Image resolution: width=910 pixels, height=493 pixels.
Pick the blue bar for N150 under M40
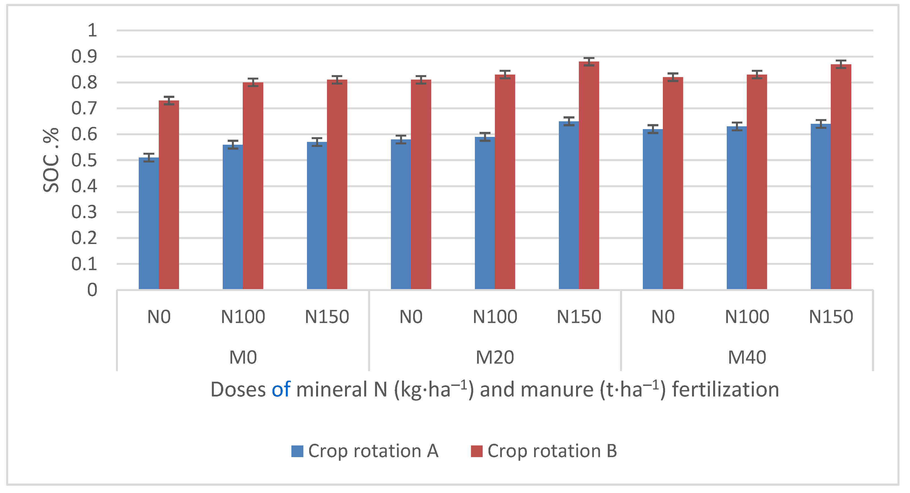821,207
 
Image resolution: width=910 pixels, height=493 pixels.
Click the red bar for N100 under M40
757,182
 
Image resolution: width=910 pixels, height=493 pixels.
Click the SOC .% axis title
51,160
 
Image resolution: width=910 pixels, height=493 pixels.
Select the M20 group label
495,357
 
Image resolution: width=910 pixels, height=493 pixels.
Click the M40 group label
747,357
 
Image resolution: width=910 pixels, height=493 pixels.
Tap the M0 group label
243,357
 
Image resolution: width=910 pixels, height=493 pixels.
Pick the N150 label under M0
327,317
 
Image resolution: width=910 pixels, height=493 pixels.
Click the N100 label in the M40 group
747,317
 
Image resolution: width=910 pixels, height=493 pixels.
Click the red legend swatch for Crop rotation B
477,451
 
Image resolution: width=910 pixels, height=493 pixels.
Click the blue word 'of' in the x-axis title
281,390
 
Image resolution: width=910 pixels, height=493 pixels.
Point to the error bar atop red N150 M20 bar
589,62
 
